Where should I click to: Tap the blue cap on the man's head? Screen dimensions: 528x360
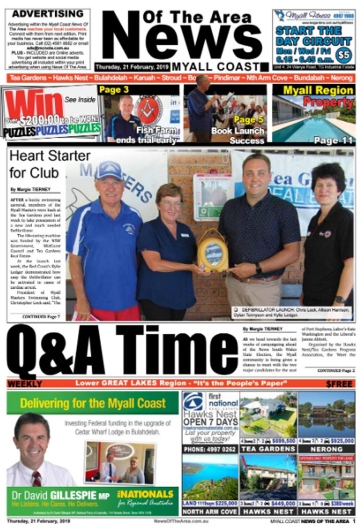109,171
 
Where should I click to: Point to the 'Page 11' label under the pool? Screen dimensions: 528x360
333,140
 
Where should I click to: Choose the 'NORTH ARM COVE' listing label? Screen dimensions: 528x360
210,512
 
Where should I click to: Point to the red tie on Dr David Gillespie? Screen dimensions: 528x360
37,478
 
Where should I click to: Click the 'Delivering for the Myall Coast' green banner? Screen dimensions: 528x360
93,403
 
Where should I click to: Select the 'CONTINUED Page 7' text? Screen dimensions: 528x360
41,317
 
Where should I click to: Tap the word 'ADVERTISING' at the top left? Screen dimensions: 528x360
47,14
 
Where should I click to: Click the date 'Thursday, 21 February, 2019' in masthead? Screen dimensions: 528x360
132,67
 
